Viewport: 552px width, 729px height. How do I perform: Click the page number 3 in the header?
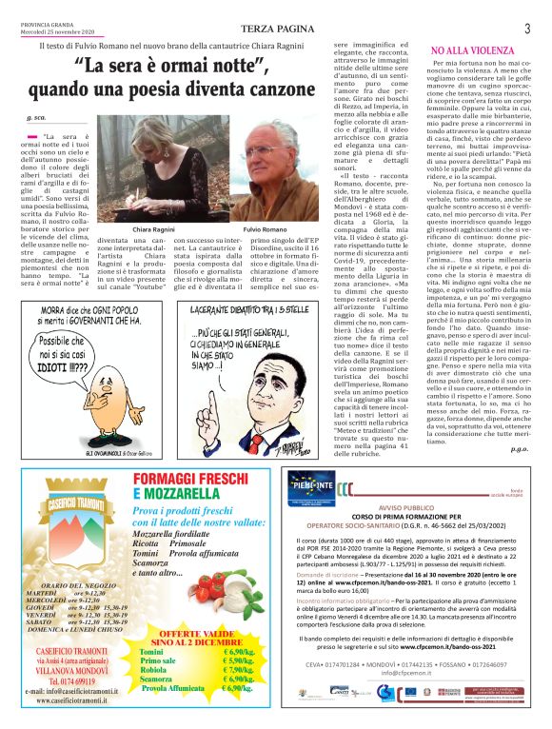coord(527,29)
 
